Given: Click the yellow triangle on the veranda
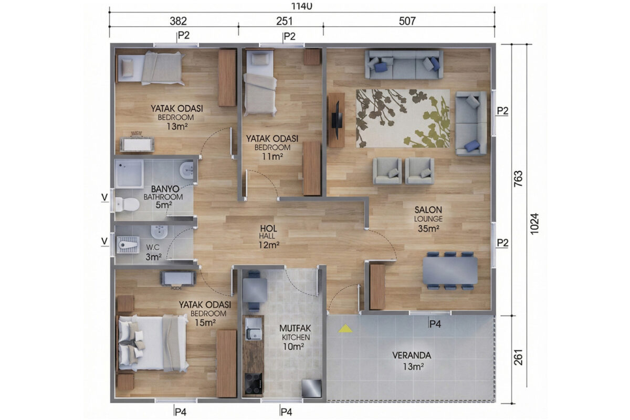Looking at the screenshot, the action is click(345, 329).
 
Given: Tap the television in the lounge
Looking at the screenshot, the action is click(337, 120).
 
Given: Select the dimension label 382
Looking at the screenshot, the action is click(178, 21).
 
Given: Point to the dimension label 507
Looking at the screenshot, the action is click(407, 21).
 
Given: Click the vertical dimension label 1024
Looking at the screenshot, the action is click(534, 224).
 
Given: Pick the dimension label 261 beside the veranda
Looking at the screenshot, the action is click(518, 358).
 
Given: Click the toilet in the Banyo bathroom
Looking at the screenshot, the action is click(127, 204).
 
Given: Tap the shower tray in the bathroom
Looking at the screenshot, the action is click(129, 174).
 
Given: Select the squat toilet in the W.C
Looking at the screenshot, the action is click(128, 245).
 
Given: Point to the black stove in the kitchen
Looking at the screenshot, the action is click(254, 383).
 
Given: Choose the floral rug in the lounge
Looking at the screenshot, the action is click(403, 119).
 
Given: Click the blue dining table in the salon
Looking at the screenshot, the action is click(450, 270).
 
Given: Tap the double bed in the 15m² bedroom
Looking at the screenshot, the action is click(153, 343).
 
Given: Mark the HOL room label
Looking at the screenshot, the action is click(268, 228).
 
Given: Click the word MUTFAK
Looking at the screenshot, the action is click(295, 328).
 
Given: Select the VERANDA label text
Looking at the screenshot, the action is click(412, 355).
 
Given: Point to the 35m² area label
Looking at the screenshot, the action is click(428, 229).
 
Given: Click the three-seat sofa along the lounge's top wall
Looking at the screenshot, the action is click(404, 65).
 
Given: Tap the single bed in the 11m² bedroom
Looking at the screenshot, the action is click(259, 82).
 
